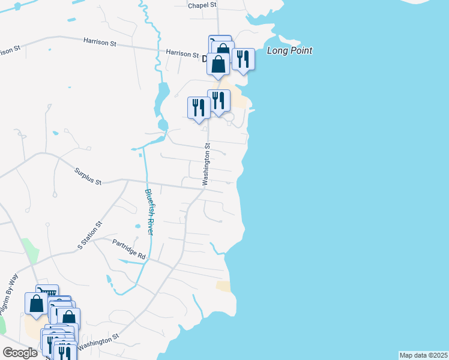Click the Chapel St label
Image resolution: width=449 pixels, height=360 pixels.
(202, 5)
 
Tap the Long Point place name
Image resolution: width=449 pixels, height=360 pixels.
(289, 51)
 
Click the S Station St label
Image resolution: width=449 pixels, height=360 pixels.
(90, 235)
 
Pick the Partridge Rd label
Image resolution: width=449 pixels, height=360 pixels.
(129, 249)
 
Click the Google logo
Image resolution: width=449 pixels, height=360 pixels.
(20, 353)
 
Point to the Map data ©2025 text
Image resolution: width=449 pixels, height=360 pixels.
(423, 355)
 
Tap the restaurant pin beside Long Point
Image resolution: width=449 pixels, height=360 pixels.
(243, 59)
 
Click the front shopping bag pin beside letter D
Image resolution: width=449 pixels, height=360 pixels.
(218, 64)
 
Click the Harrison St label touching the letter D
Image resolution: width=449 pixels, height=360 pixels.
(182, 54)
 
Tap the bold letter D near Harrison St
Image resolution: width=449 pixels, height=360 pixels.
(205, 59)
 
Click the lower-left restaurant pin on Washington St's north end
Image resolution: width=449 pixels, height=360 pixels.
(199, 108)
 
